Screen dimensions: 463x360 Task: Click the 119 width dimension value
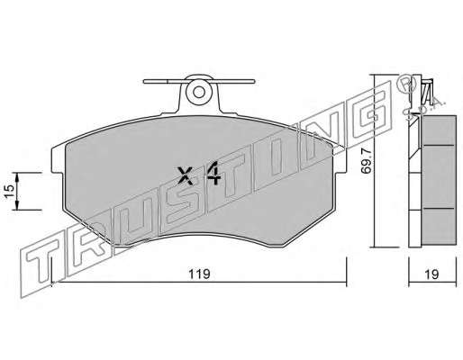199,274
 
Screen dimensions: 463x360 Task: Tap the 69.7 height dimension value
367,162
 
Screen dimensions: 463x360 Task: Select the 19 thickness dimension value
431,274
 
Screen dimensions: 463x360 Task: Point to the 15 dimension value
9,191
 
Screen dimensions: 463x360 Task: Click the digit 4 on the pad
213,174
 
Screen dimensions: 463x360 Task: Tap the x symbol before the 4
185,175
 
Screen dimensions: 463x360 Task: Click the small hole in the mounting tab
199,92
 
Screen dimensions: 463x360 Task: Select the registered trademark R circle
406,83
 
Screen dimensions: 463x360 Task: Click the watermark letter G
370,112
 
